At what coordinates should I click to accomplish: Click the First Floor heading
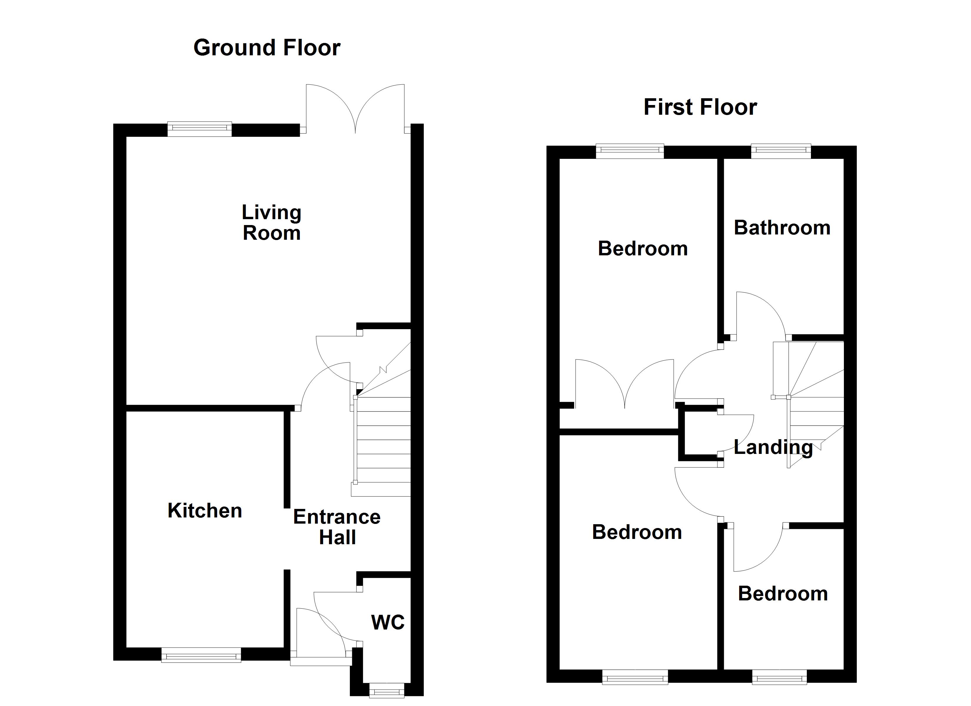click(700, 107)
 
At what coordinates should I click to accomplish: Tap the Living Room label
click(271, 223)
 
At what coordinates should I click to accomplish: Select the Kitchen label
click(205, 511)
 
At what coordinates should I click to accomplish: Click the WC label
click(388, 622)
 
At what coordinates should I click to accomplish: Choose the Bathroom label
click(782, 228)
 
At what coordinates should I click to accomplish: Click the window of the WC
click(386, 691)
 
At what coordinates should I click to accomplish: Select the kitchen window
click(201, 655)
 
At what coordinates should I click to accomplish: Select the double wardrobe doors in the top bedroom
click(625, 383)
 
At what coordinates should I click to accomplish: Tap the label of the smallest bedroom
click(783, 594)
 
